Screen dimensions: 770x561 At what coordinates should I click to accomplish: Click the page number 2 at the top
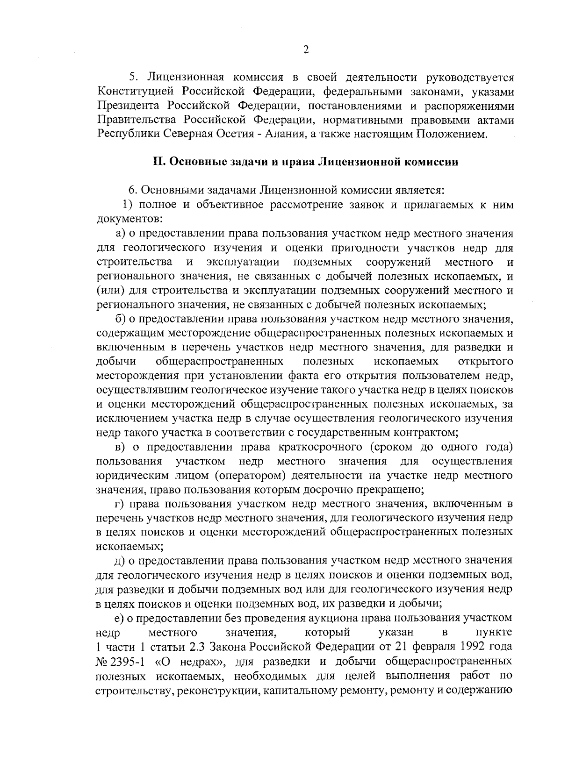point(306,50)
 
